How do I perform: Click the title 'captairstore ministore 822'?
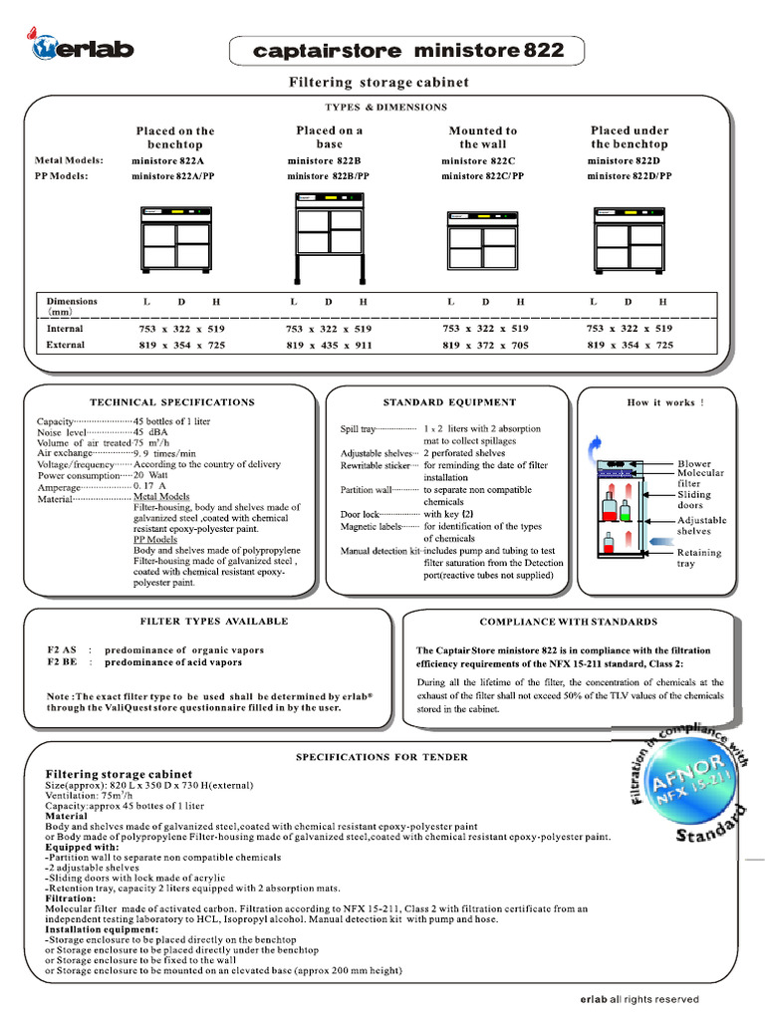(407, 50)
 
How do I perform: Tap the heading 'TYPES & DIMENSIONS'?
(385, 107)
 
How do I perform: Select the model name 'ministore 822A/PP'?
(173, 176)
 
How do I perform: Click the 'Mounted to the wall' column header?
(483, 137)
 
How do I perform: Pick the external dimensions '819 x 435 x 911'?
(329, 345)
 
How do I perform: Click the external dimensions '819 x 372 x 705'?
(484, 345)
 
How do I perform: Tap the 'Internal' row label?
(65, 328)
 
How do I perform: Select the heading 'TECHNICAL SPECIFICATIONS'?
(172, 402)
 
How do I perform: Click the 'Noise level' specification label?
(61, 433)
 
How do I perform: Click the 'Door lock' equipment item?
(359, 514)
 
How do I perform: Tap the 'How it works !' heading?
(665, 402)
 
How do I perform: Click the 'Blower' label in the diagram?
(694, 464)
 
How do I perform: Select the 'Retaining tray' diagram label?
(699, 558)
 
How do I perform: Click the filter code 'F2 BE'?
(62, 661)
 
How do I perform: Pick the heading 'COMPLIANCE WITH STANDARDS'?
(568, 622)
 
